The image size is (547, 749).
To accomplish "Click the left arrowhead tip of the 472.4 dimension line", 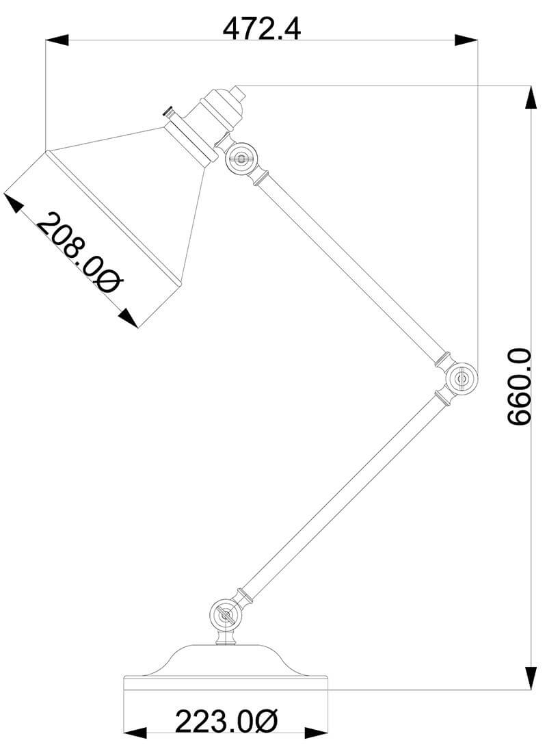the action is click(45, 40).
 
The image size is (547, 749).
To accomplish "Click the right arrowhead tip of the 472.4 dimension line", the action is click(478, 40).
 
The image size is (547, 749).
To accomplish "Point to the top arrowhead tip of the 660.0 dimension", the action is click(531, 86).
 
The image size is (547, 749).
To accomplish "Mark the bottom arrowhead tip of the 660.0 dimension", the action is click(531, 689).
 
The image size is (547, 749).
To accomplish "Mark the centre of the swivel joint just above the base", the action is click(225, 614).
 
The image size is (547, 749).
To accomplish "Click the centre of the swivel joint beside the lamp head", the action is click(241, 159).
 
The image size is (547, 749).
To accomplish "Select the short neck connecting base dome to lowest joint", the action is click(225, 637).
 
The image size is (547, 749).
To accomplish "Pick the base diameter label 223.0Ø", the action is click(226, 721).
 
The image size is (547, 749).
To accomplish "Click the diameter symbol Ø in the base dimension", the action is click(265, 721).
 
